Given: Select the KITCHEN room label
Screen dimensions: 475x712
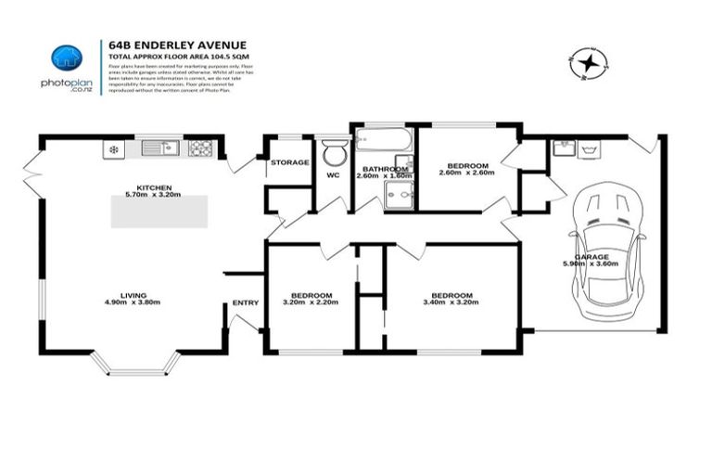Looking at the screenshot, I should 153,186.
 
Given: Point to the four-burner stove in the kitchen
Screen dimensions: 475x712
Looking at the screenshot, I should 202,148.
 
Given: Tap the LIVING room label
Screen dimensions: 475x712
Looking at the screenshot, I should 124,295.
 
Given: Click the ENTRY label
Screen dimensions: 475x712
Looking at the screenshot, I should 246,302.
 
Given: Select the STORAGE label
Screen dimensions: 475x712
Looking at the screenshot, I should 289,162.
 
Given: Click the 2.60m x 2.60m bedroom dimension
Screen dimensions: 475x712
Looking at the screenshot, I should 466,173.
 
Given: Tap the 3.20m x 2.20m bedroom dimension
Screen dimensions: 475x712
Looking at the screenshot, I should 307,302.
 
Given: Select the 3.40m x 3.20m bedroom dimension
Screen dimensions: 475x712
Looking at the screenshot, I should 452,302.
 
